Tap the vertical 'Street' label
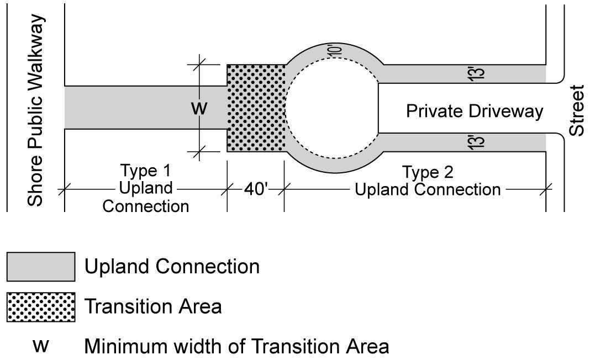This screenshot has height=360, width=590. pyautogui.click(x=577, y=110)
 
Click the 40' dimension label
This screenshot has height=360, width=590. pyautogui.click(x=256, y=189)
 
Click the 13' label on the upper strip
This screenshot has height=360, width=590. pyautogui.click(x=479, y=73)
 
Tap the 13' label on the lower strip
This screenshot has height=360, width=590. pyautogui.click(x=479, y=142)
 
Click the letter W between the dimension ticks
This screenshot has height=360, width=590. pyautogui.click(x=199, y=108)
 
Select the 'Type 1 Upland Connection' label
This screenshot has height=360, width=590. pyautogui.click(x=146, y=189)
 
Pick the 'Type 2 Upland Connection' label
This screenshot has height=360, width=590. pyautogui.click(x=428, y=181)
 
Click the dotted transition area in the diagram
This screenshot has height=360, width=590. pyautogui.click(x=256, y=108)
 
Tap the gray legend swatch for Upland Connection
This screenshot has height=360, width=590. pyautogui.click(x=41, y=267)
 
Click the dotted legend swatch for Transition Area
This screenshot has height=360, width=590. pyautogui.click(x=41, y=307)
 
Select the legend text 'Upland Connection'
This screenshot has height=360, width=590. pyautogui.click(x=172, y=267)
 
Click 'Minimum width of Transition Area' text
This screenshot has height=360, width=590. pyautogui.click(x=236, y=347)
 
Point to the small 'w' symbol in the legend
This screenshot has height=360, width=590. pyautogui.click(x=41, y=346)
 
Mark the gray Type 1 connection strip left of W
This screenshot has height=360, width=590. pyautogui.click(x=127, y=108)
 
